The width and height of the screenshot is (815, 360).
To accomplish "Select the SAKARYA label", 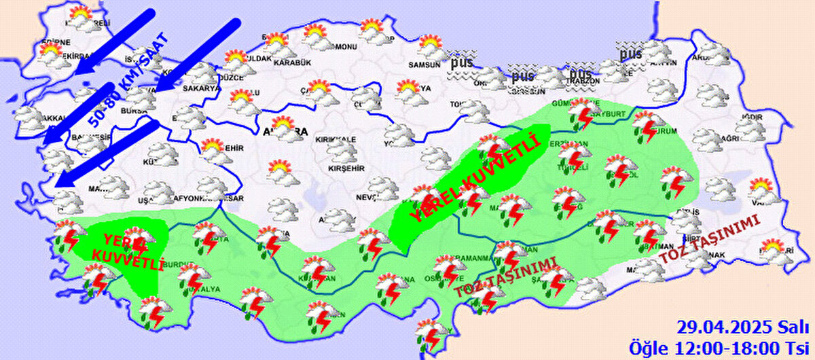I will point(202,88).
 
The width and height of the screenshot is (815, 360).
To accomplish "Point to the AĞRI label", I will point(728,139).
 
